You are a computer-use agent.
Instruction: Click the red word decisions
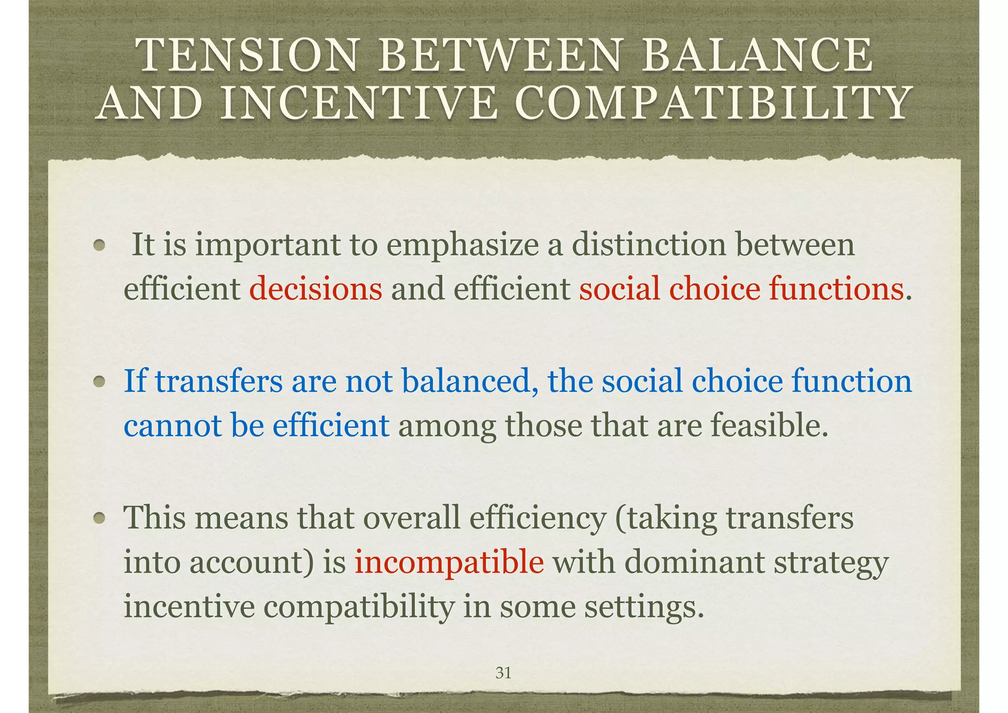315,289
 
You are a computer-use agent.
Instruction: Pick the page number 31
503,673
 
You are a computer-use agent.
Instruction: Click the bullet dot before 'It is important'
100,245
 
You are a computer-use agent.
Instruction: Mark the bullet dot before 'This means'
100,518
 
